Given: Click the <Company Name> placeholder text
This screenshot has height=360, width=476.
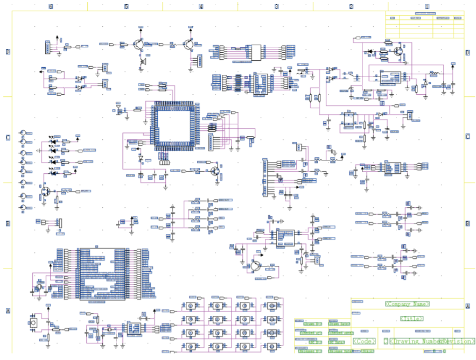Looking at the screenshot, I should coord(408,304).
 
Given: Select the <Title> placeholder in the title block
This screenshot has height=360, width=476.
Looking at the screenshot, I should coord(412,319).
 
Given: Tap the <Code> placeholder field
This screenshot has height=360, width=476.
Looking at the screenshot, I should coord(364,341).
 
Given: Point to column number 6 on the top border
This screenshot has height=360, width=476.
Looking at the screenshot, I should coord(51,6).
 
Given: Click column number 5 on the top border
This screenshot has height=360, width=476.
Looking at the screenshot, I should coord(126,6).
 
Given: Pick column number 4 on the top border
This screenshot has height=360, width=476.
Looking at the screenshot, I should coord(201,6).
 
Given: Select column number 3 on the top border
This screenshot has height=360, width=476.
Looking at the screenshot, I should coord(276,6).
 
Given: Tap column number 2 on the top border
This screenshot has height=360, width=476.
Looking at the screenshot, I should coord(351,6).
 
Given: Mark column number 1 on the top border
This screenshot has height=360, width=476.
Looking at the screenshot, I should coord(426,6).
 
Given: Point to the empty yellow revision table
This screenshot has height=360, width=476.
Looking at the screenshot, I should coord(424,24).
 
